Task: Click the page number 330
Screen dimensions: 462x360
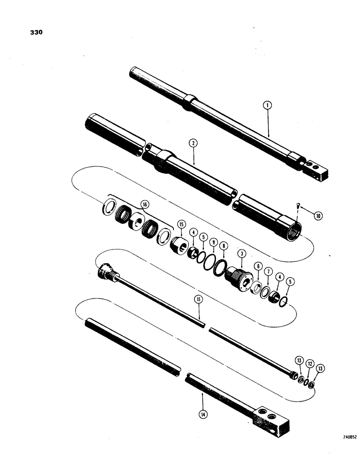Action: pos(36,33)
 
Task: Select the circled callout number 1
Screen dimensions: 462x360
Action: pos(268,105)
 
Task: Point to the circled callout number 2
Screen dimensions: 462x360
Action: pos(194,144)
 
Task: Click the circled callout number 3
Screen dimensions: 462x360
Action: pos(240,254)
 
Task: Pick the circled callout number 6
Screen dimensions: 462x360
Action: pos(258,266)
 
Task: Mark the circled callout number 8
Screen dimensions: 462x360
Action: pos(223,247)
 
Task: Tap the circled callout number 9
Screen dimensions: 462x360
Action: pos(213,242)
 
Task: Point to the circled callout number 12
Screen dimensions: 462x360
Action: pos(310,364)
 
